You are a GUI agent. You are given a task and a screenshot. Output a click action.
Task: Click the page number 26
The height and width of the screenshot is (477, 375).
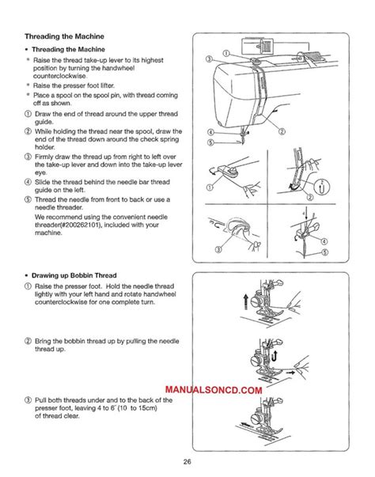coord(187,463)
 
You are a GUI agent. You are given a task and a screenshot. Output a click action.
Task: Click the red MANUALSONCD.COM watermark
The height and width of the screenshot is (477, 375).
coord(214,391)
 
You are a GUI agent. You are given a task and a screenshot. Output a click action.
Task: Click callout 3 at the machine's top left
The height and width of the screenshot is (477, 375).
coord(208,59)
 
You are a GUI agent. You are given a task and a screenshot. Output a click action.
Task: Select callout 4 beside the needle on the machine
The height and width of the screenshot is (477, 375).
coord(211,131)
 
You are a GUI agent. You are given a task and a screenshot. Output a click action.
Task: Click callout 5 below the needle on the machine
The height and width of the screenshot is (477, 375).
coord(211,142)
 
